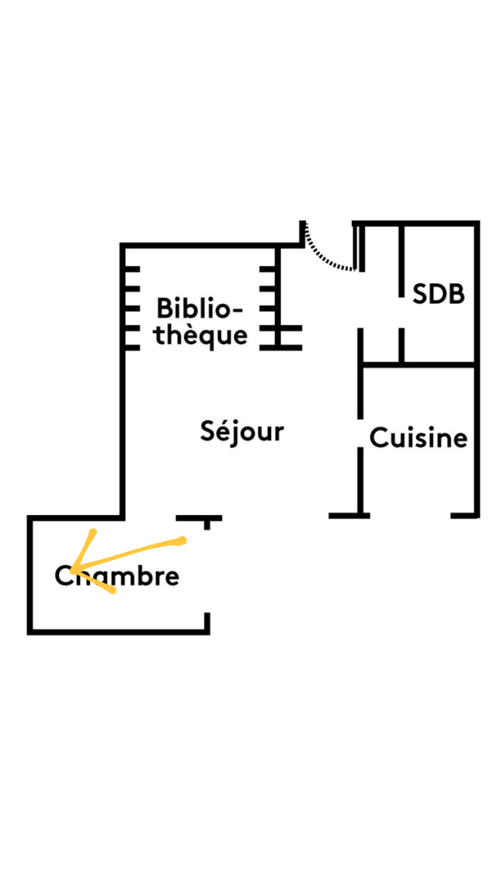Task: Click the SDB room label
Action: click(x=439, y=295)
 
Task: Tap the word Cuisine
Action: click(x=419, y=438)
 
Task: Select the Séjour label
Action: click(x=242, y=431)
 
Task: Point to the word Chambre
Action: click(x=117, y=577)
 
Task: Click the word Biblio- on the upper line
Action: click(x=200, y=309)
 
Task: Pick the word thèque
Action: click(x=200, y=336)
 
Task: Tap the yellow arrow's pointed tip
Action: click(x=71, y=569)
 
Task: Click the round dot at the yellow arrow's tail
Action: click(x=182, y=540)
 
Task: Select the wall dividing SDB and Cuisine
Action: click(x=419, y=364)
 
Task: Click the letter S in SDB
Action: click(x=420, y=295)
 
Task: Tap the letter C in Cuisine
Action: click(x=377, y=438)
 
